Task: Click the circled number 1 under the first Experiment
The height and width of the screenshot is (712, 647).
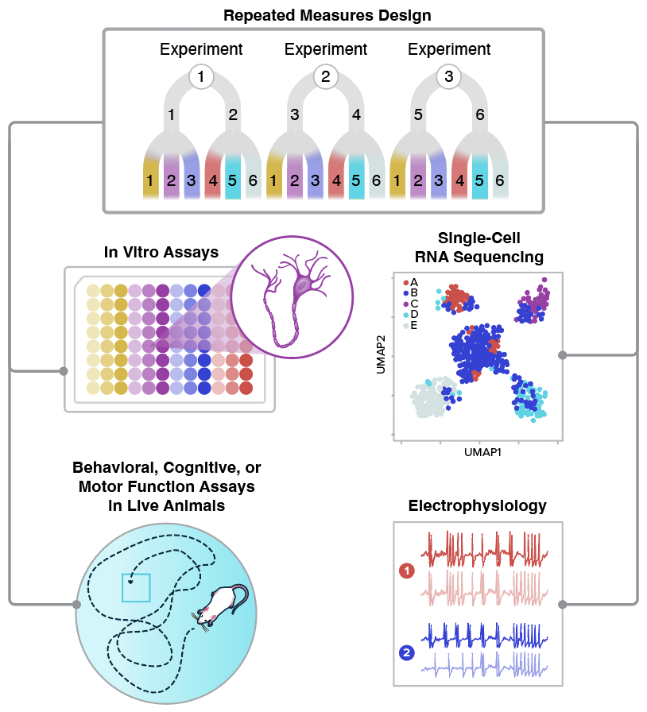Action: [x=201, y=77]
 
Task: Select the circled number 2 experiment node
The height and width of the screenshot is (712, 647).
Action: [x=325, y=77]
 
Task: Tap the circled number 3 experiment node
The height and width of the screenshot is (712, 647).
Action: [x=449, y=77]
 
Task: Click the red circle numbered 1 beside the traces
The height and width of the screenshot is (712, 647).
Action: [x=407, y=571]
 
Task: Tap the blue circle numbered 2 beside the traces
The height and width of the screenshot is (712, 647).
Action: [x=407, y=653]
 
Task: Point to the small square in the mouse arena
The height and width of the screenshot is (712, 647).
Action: [x=136, y=588]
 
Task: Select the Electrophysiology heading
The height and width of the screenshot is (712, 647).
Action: [x=477, y=506]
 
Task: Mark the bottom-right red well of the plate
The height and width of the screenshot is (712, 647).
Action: [x=246, y=388]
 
